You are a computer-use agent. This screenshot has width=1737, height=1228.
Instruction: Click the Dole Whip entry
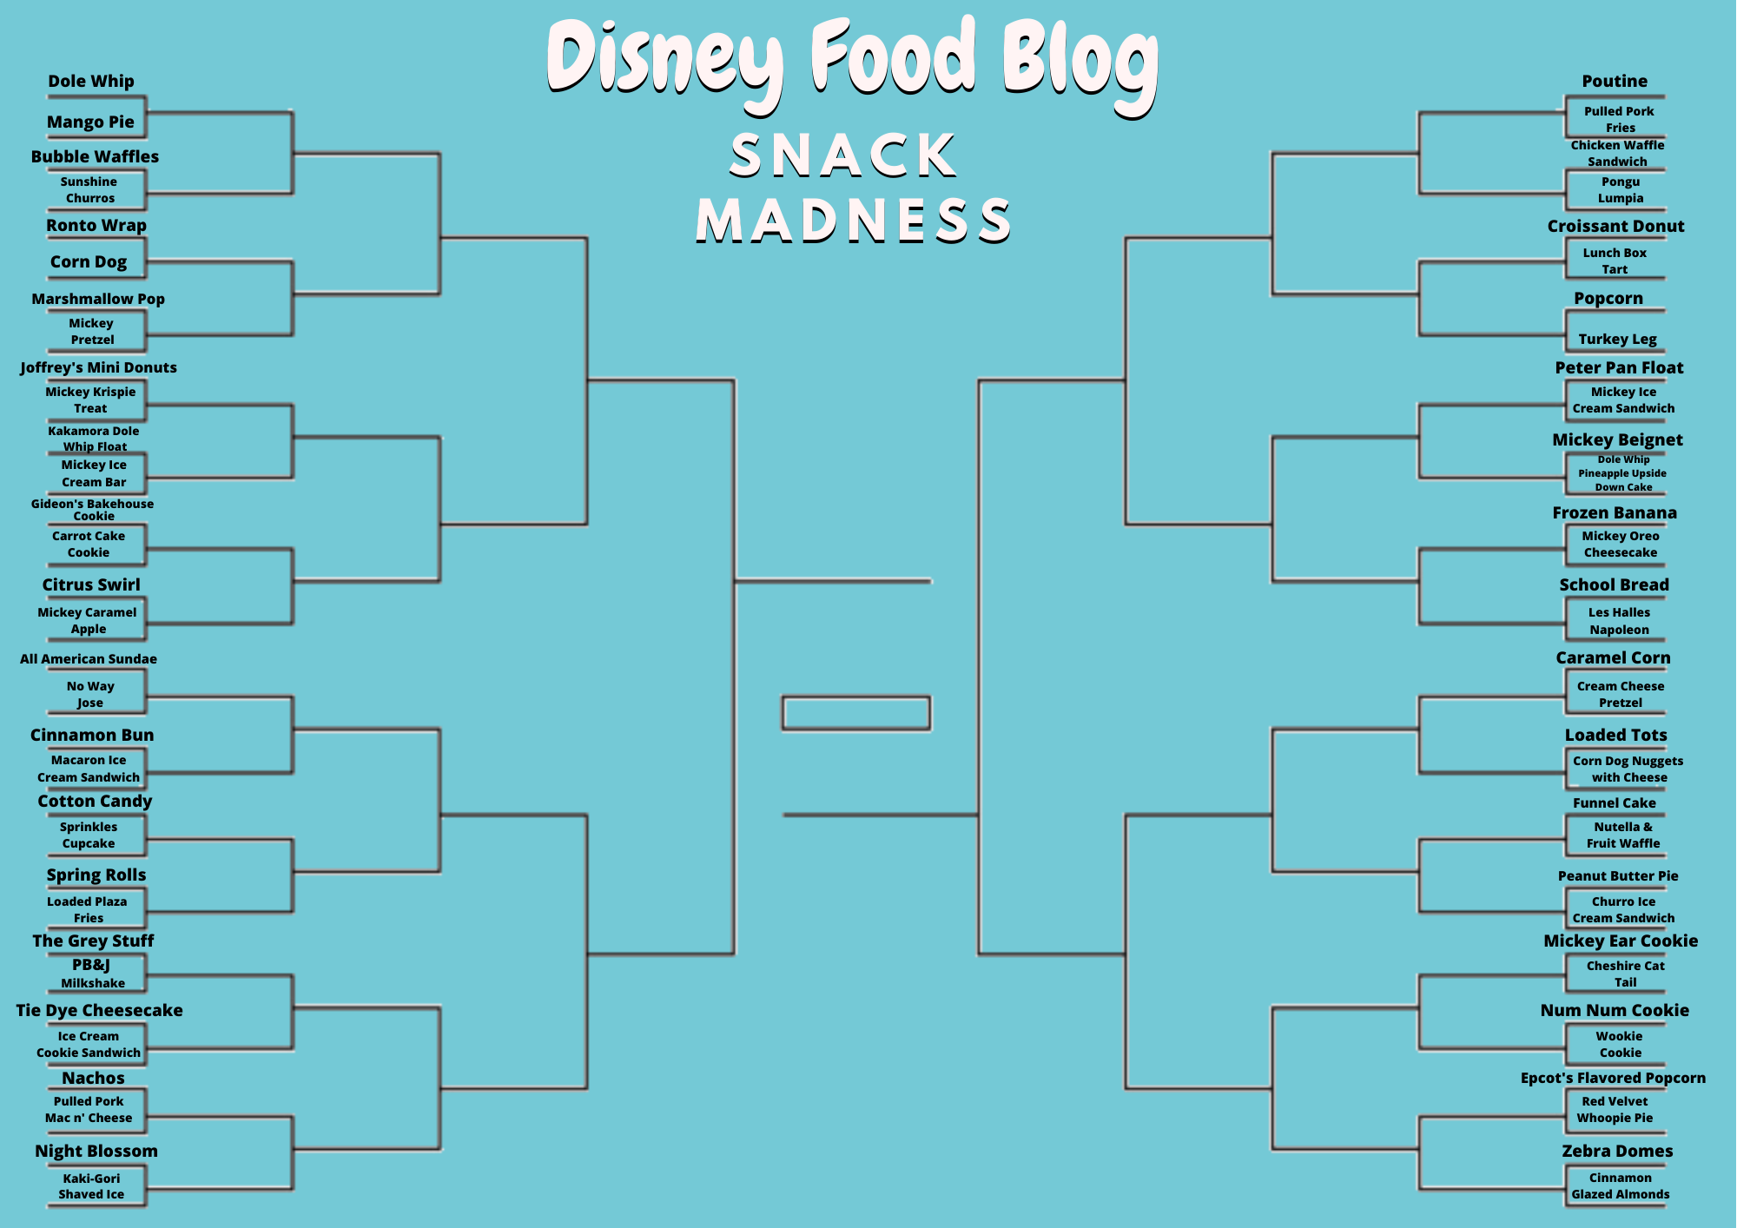tap(91, 82)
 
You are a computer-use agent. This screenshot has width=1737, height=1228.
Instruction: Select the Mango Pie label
tap(90, 122)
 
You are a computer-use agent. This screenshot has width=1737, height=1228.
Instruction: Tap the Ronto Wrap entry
tap(96, 226)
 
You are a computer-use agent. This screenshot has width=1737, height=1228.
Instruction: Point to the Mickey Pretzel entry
tap(92, 332)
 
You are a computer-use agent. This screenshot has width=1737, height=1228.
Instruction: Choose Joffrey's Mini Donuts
tap(99, 367)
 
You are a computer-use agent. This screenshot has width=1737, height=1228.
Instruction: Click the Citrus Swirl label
tap(91, 584)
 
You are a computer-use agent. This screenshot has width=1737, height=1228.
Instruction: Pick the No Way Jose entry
tap(90, 695)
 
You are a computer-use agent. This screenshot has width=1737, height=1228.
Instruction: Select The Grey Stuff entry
tap(93, 941)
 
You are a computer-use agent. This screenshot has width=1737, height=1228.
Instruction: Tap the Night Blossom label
tap(96, 1152)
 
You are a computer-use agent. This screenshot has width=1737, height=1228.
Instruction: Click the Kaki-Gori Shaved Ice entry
tap(91, 1186)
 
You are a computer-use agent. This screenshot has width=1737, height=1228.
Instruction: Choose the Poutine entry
tap(1615, 82)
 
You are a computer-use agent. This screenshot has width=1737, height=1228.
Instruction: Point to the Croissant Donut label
tap(1615, 227)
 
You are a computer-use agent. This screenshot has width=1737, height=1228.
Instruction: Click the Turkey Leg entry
tap(1617, 340)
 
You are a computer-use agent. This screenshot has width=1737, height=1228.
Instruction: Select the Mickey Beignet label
tap(1617, 440)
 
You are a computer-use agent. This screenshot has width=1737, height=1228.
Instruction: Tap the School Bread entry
tap(1614, 585)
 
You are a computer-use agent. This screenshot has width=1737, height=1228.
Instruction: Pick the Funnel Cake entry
tap(1614, 803)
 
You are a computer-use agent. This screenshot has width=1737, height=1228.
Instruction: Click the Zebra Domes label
tap(1617, 1152)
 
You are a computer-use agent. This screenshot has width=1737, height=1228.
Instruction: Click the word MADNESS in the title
tap(854, 221)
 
